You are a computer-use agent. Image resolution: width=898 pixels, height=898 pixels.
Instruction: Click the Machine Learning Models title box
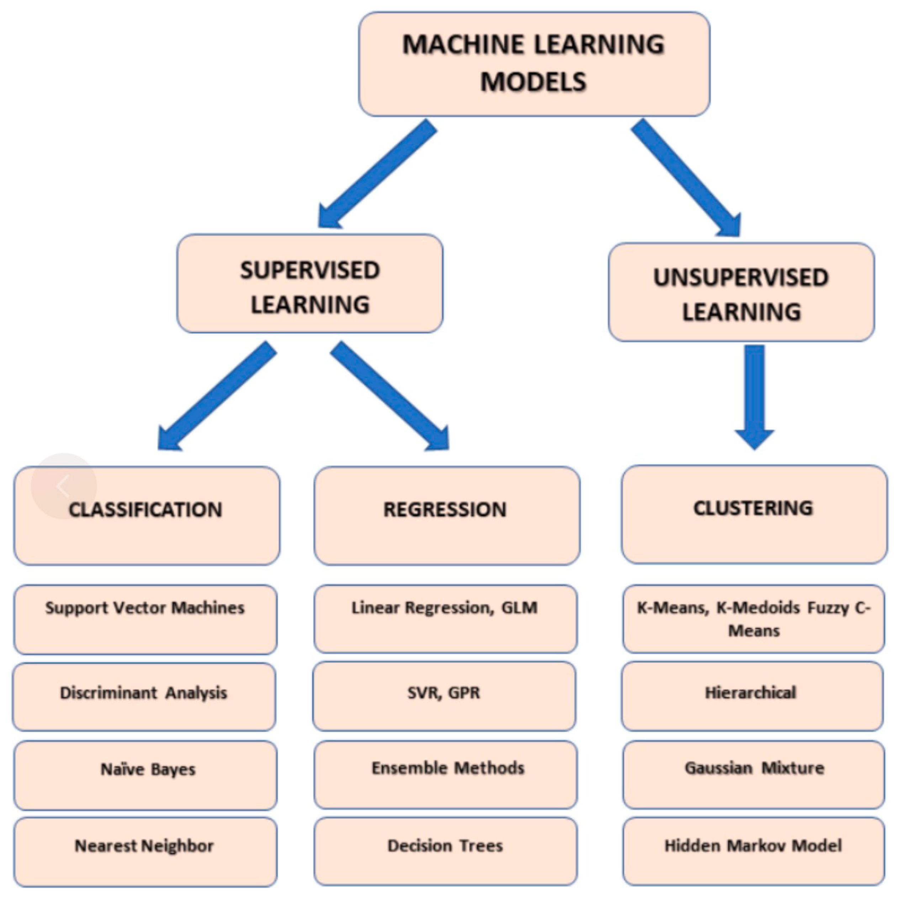pyautogui.click(x=534, y=64)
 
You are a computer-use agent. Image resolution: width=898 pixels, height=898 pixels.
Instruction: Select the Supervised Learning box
pyautogui.click(x=310, y=284)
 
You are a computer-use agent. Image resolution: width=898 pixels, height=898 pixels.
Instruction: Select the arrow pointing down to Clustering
pyautogui.click(x=754, y=395)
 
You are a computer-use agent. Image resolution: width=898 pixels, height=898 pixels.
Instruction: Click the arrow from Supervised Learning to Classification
pyautogui.click(x=216, y=397)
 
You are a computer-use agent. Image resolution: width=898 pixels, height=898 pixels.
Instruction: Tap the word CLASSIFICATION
pyautogui.click(x=146, y=510)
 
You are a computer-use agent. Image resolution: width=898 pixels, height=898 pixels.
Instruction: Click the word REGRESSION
pyautogui.click(x=445, y=509)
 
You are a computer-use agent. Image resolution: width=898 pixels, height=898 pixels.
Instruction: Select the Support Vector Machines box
pyautogui.click(x=146, y=619)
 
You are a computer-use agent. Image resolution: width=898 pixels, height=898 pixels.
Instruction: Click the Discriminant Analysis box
pyautogui.click(x=144, y=696)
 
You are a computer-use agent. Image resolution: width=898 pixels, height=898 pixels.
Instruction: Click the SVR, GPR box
pyautogui.click(x=444, y=696)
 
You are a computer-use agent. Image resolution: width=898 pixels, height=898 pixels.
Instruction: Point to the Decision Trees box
pyautogui.click(x=446, y=851)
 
